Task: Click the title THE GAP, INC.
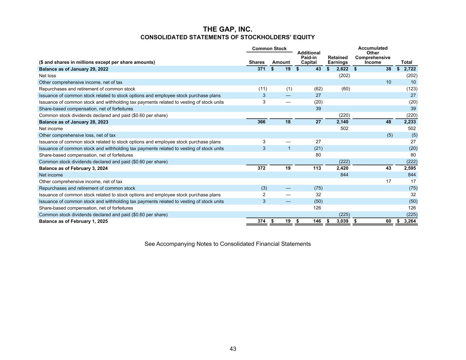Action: [228, 29]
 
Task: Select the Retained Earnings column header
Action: [338, 60]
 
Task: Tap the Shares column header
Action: [257, 62]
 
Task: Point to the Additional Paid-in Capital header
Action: [309, 57]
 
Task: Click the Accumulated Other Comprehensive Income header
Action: [372, 55]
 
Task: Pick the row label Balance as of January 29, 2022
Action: [74, 69]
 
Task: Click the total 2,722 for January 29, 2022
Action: [410, 69]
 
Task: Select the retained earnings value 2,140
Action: [342, 122]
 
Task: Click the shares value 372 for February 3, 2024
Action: [261, 168]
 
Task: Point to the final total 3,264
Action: [410, 221]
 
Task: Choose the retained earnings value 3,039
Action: [342, 221]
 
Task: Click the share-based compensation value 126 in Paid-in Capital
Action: [317, 208]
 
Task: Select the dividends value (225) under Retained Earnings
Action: [344, 215]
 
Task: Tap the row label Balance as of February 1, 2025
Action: [73, 221]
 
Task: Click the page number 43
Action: [233, 349]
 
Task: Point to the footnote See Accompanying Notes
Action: [227, 244]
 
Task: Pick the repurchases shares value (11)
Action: [263, 89]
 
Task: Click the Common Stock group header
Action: [269, 48]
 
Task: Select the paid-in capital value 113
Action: [317, 168]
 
